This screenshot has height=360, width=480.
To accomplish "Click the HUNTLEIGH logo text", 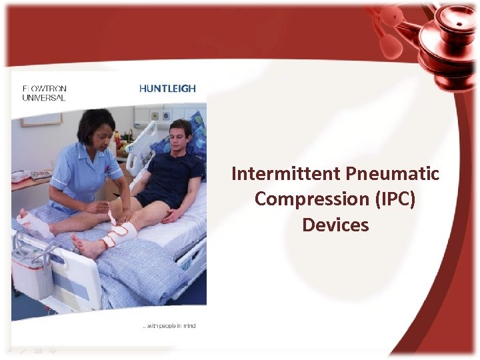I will (x=167, y=88).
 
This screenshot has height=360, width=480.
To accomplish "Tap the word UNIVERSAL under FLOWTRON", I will (x=44, y=97).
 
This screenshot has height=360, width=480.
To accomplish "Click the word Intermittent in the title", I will (x=287, y=174).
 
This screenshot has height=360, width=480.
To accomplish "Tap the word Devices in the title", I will (x=335, y=225).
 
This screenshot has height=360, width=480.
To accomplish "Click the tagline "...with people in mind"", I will (x=169, y=326).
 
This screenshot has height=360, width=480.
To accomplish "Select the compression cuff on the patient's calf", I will (x=121, y=233).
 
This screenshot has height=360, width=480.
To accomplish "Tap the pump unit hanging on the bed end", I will (x=31, y=270).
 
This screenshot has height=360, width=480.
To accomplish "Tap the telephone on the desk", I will (x=23, y=176).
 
